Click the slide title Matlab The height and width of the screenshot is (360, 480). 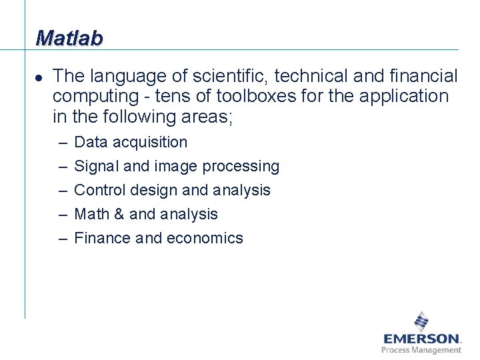(69, 38)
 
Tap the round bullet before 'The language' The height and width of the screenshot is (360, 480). (39, 78)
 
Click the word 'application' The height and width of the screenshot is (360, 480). (404, 97)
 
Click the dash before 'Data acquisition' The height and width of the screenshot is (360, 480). (61, 143)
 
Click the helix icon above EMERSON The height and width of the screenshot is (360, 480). (421, 321)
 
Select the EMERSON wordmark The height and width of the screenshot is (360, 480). (421, 339)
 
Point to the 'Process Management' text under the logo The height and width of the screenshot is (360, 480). (421, 350)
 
